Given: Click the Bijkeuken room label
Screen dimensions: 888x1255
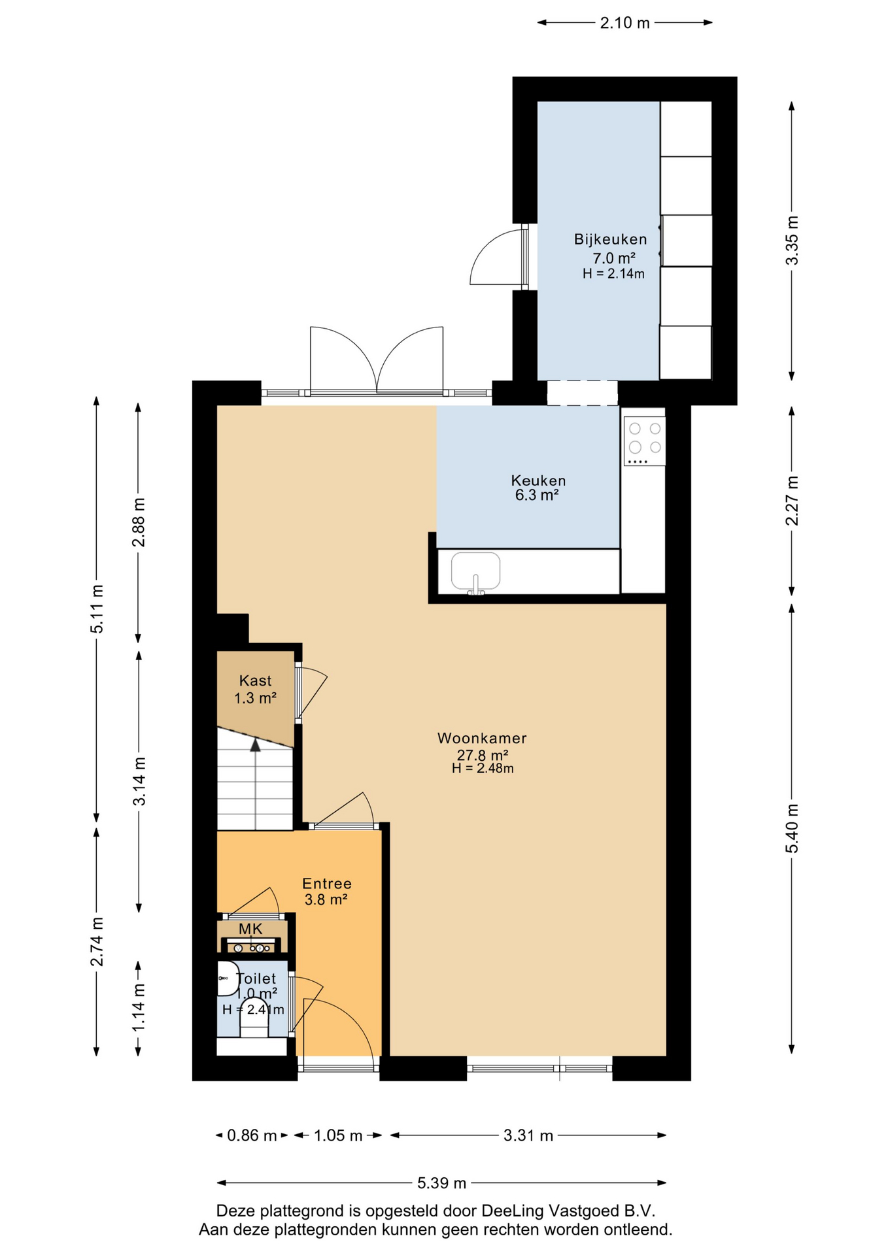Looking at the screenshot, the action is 611,239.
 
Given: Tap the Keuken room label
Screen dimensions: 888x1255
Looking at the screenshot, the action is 538,480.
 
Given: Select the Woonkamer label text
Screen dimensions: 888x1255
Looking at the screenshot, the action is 482,738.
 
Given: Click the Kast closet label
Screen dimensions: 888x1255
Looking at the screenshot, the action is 255,680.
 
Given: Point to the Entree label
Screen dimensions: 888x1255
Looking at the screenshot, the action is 327,884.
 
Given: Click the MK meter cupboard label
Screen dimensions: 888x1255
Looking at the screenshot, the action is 250,929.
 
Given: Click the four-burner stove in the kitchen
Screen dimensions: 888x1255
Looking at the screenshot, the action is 644,441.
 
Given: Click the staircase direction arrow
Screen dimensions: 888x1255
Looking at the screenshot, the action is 255,784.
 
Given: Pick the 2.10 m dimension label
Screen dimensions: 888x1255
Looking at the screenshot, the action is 625,23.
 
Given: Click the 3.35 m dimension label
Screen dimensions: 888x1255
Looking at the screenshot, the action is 792,240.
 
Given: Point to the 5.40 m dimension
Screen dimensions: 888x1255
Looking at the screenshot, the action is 792,828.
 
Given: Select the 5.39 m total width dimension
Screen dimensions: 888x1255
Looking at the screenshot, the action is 442,1182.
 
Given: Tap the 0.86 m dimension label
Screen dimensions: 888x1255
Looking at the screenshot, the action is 252,1135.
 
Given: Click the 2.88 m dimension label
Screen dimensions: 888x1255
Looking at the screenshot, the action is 139,522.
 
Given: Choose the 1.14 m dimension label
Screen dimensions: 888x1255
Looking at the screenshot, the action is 139,1008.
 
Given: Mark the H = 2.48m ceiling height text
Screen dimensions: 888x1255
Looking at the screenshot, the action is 483,769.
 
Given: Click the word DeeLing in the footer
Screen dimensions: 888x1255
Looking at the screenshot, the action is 512,1211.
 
